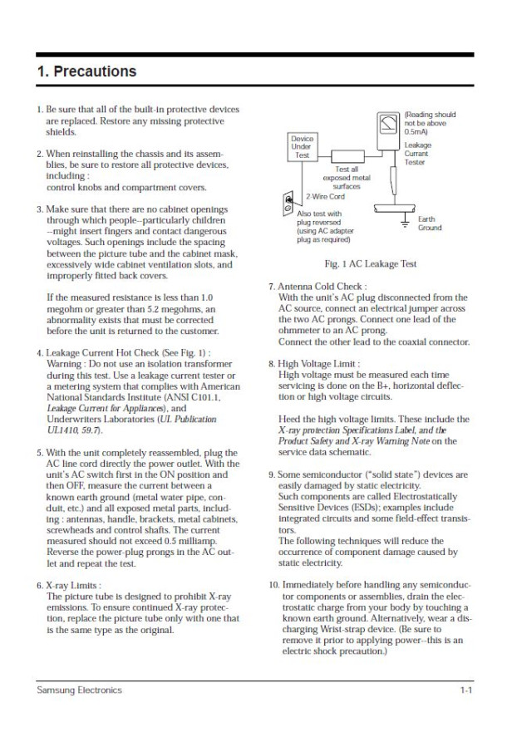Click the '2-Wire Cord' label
click(325, 197)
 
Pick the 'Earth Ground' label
click(430, 224)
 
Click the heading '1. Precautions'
click(87, 72)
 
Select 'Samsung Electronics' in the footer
click(78, 690)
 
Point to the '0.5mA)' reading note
click(416, 131)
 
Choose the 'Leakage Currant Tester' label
click(417, 154)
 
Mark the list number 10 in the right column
click(273, 586)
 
